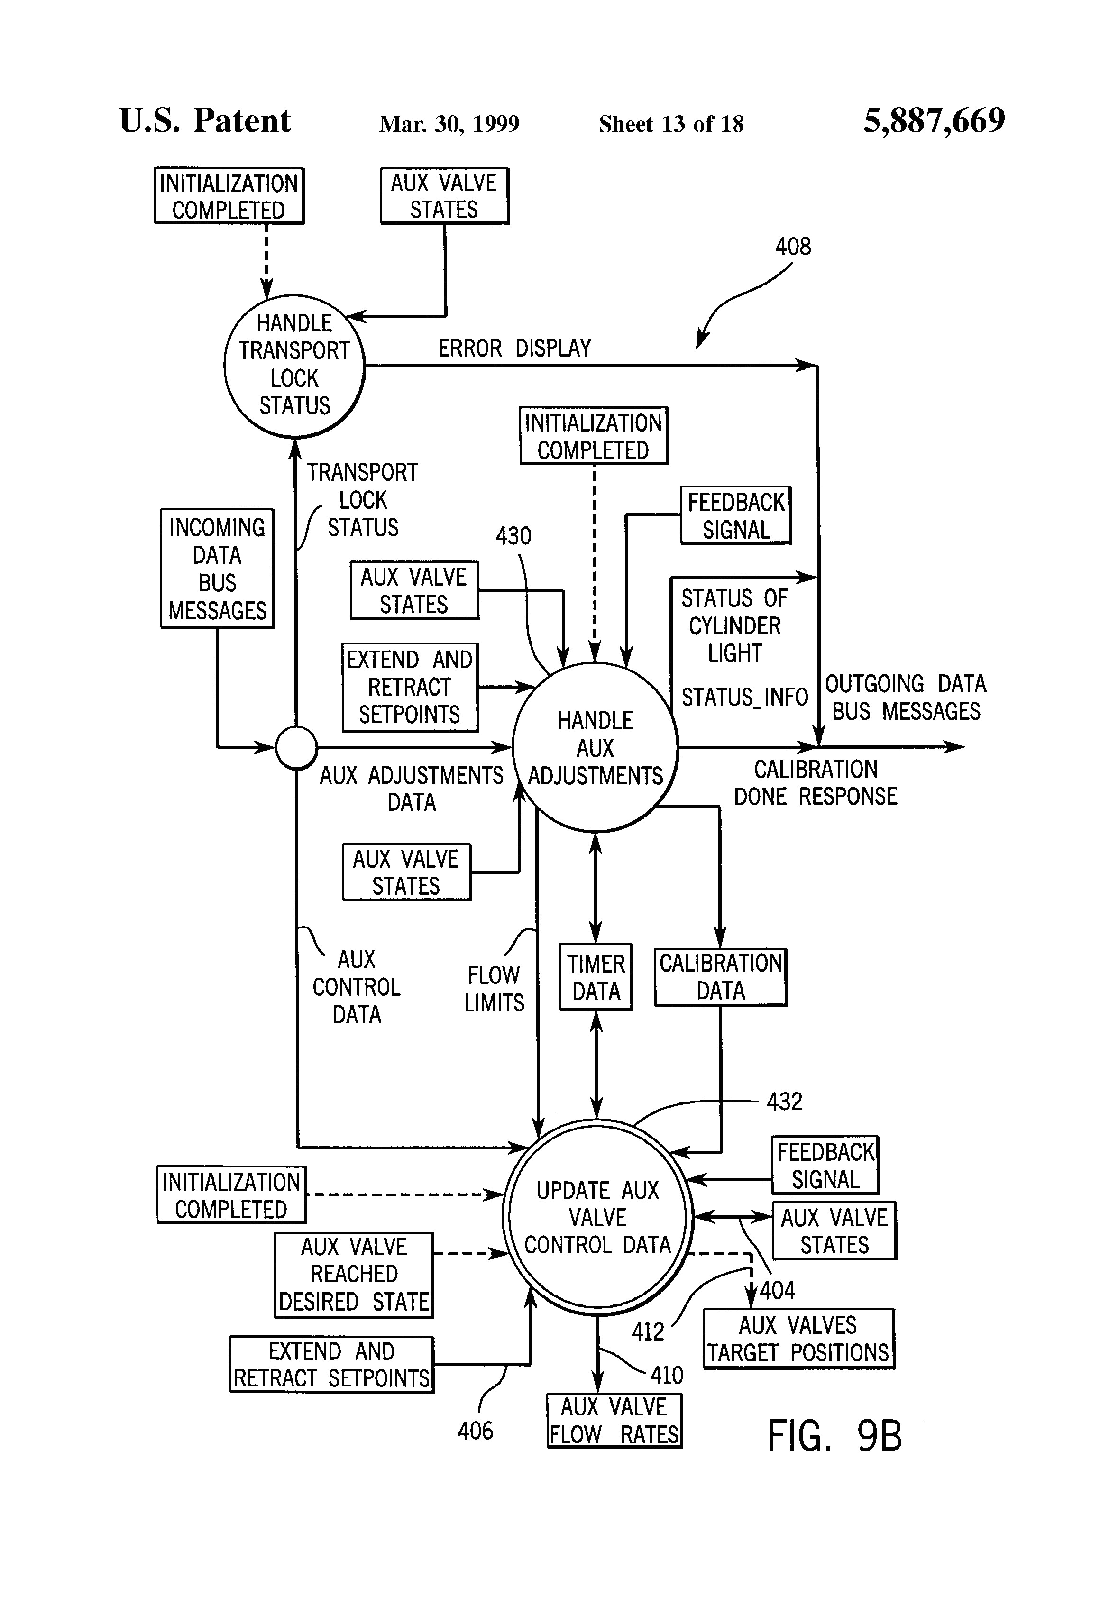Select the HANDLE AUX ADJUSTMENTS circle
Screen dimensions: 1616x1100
pyautogui.click(x=595, y=747)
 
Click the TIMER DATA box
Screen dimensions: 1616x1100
pyautogui.click(x=596, y=977)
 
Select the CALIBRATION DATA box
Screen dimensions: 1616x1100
pyautogui.click(x=720, y=976)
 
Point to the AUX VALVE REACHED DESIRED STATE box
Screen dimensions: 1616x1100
pyautogui.click(x=354, y=1275)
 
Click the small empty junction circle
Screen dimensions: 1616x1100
pyautogui.click(x=297, y=747)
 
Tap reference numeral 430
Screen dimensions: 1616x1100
pyautogui.click(x=513, y=536)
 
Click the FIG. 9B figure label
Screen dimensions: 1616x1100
pyautogui.click(x=834, y=1436)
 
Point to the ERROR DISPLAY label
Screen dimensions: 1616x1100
pyautogui.click(x=514, y=348)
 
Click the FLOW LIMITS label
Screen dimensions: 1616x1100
pyautogui.click(x=494, y=989)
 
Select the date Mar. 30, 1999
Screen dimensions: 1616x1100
pyautogui.click(x=449, y=124)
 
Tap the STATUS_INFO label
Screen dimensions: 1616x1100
pyautogui.click(x=744, y=697)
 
